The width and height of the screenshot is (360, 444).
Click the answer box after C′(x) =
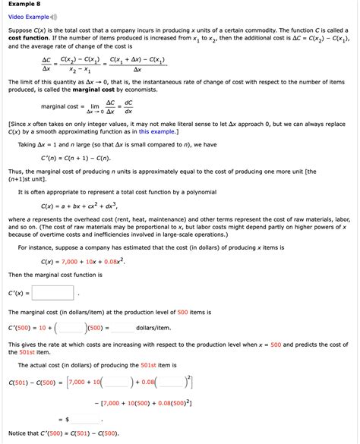(52, 292)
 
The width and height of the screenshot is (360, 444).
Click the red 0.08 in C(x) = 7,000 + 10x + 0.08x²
(109, 262)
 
